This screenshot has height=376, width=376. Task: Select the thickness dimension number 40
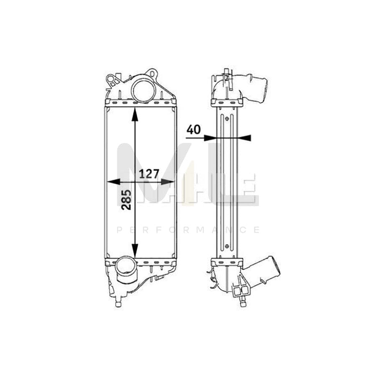click(193, 130)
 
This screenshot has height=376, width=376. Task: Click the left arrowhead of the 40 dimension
click(210, 137)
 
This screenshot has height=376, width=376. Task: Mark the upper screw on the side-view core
click(227, 118)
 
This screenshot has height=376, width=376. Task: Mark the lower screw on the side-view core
click(227, 246)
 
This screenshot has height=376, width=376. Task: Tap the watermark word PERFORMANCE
click(188, 230)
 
